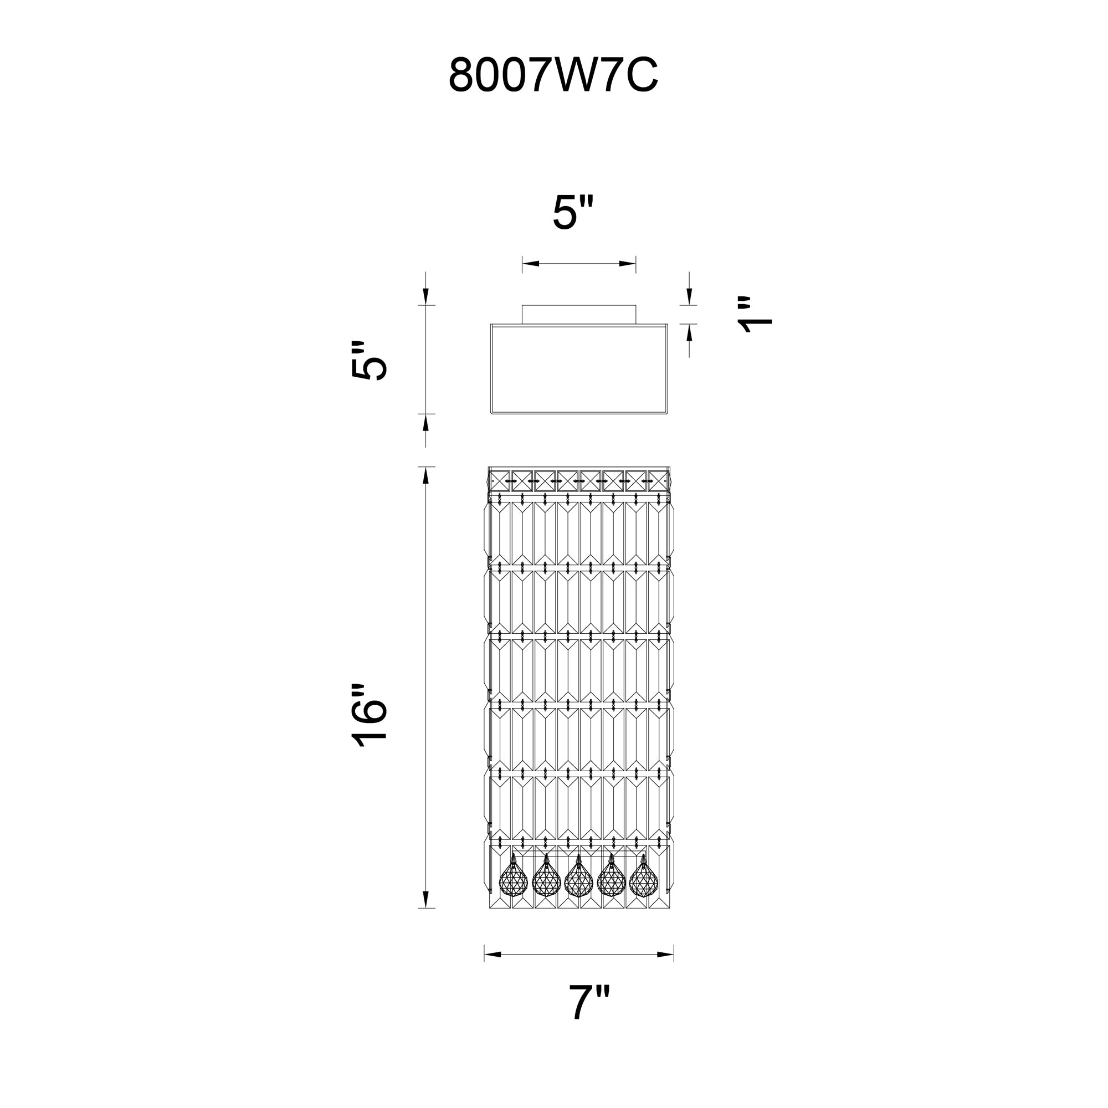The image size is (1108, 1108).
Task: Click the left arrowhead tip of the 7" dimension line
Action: point(485,955)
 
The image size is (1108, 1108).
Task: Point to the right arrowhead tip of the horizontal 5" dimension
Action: point(635,264)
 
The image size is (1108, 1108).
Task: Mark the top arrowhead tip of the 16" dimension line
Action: point(425,467)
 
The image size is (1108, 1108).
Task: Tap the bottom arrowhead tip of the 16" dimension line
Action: point(425,908)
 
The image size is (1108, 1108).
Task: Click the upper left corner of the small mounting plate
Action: point(522,306)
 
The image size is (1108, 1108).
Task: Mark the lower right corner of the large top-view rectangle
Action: point(668,413)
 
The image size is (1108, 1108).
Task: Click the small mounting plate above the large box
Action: point(579,315)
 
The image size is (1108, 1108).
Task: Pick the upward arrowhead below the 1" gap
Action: point(689,332)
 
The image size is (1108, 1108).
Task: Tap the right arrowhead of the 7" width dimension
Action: point(665,955)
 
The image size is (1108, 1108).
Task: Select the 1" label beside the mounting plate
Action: point(755,315)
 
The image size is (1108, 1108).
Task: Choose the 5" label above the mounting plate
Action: point(573,212)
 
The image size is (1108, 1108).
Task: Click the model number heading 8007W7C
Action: point(553,75)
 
